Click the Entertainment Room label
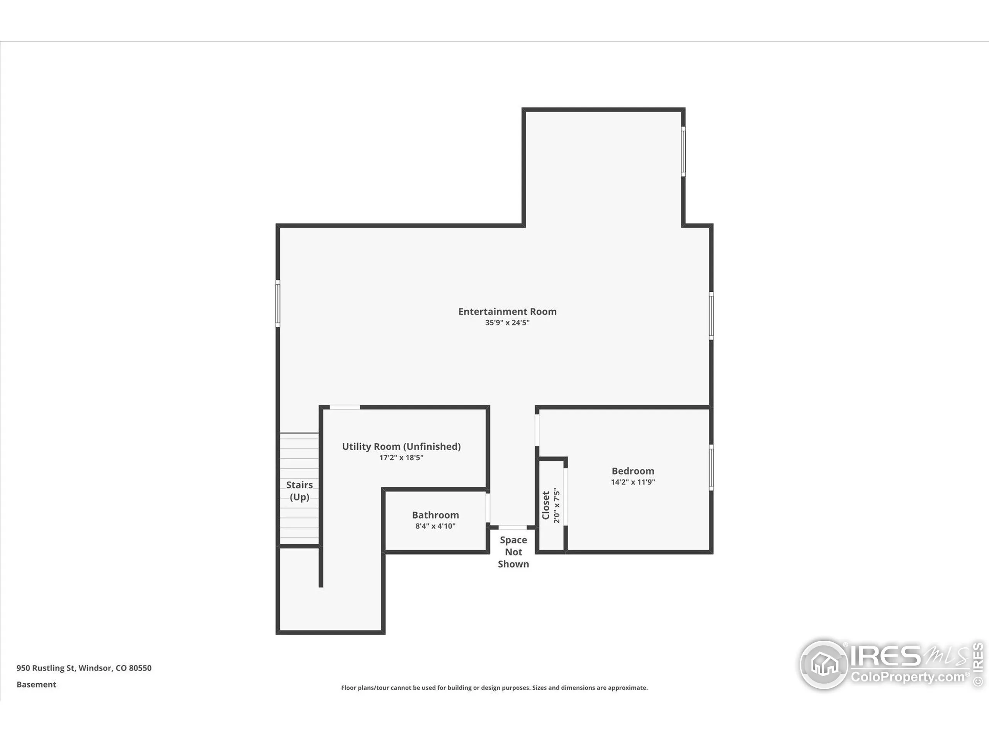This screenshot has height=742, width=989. (x=507, y=312)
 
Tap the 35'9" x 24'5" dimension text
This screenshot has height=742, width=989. (x=507, y=322)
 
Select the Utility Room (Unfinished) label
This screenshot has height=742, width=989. (x=401, y=446)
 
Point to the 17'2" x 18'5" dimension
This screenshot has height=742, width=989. (x=401, y=458)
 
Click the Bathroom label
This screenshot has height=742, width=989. (x=435, y=515)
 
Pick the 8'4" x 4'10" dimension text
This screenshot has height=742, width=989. (x=435, y=526)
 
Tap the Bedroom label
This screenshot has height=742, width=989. (x=633, y=471)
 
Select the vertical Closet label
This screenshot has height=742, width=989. (x=546, y=505)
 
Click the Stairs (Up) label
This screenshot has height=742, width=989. (x=299, y=491)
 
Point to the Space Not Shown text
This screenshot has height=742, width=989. (x=513, y=552)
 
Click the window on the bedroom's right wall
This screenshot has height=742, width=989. (x=711, y=467)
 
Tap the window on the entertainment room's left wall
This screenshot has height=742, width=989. (x=278, y=303)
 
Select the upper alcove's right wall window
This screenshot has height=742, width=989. (x=683, y=151)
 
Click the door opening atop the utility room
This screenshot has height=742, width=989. (x=345, y=407)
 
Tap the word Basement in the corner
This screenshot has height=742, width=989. (x=36, y=684)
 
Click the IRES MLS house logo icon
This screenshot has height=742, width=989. (x=824, y=665)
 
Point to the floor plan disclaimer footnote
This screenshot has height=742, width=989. (x=494, y=688)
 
